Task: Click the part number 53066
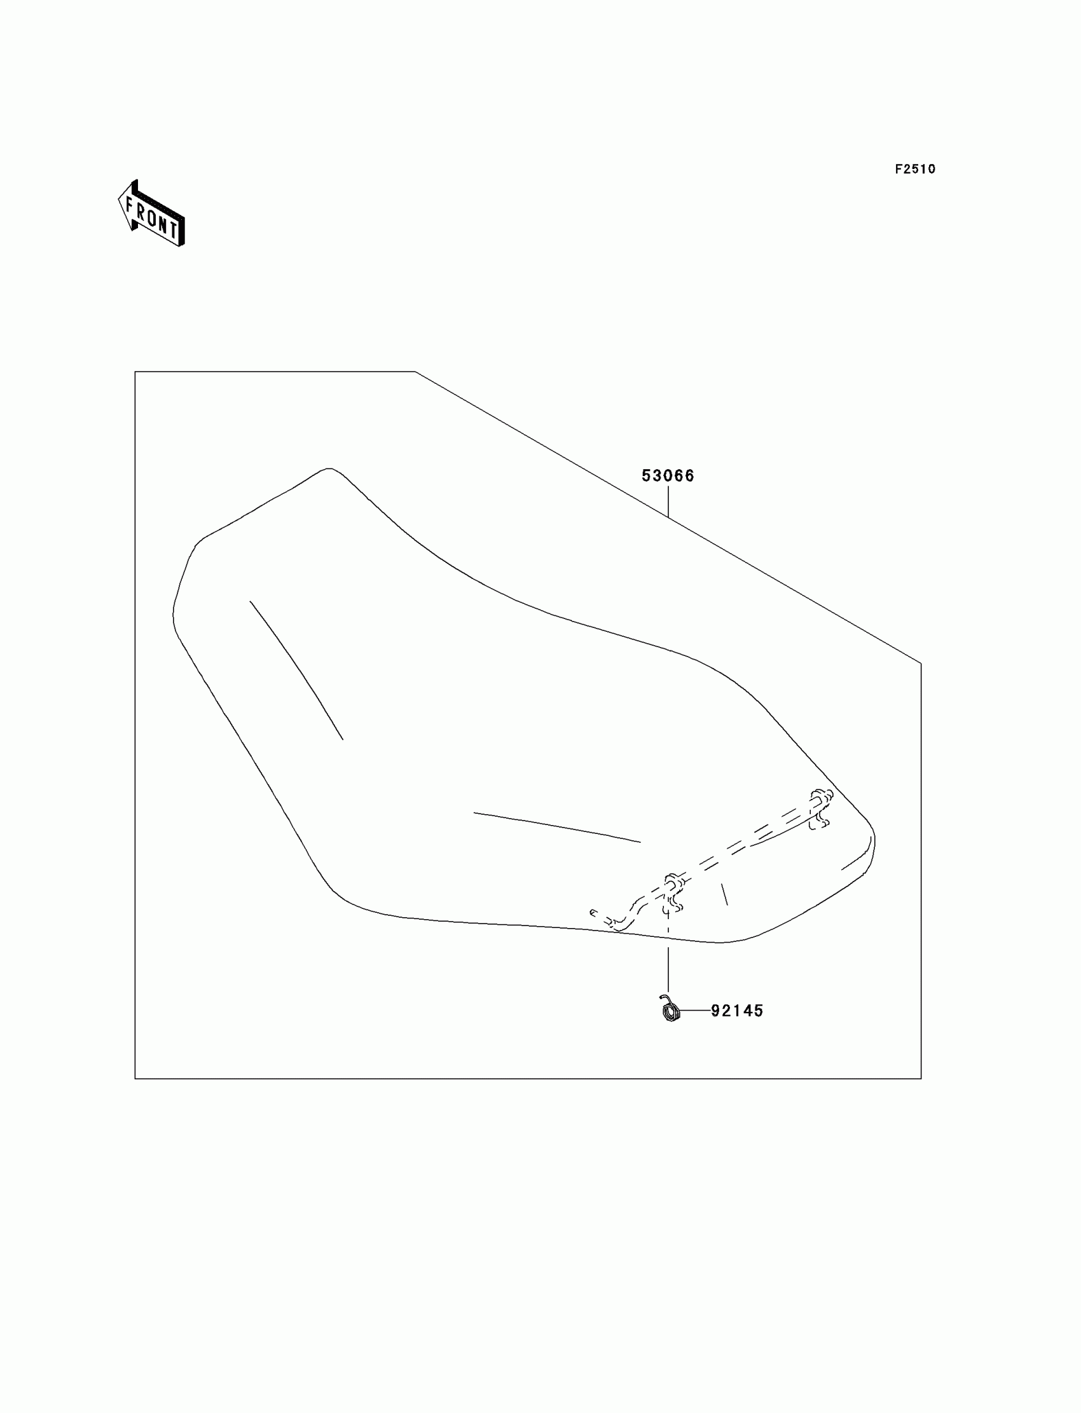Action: [x=668, y=476]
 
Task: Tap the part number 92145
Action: [x=737, y=1011]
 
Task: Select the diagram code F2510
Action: [x=915, y=169]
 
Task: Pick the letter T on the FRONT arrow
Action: [x=172, y=228]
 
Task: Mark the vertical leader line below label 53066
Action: [x=668, y=502]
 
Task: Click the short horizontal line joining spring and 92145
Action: [x=694, y=1011]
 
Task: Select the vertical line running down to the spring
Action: [x=668, y=965]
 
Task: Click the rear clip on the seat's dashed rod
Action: [x=820, y=808]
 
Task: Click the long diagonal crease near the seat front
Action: [x=296, y=669]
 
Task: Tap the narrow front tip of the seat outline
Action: [x=329, y=470]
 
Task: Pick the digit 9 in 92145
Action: [x=715, y=1011]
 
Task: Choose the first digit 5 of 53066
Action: [x=647, y=476]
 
